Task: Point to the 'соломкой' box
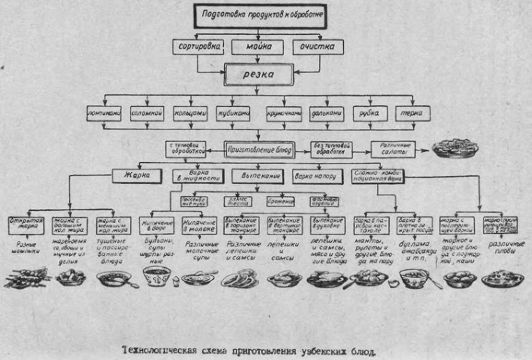[x=147, y=113]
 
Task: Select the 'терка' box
[x=413, y=113]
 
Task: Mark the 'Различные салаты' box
[x=393, y=149]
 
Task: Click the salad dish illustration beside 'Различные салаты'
[x=456, y=149]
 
